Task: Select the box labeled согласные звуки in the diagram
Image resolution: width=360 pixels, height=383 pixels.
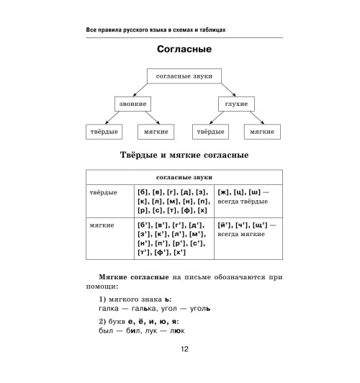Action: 184,76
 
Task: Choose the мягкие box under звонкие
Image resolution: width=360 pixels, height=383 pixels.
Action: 156,132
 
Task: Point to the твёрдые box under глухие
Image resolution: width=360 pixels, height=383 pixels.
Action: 211,132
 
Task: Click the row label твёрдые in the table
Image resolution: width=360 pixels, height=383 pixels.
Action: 102,192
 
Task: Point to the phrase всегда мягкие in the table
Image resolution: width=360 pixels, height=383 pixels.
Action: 241,235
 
